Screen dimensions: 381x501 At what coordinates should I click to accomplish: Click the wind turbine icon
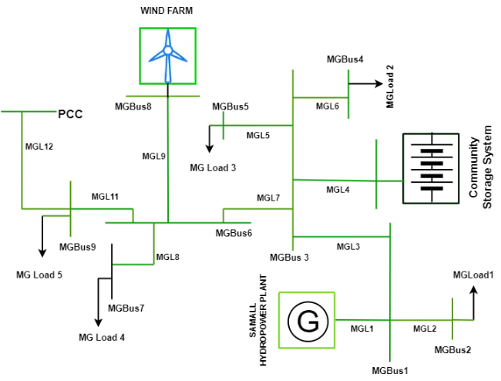click(167, 56)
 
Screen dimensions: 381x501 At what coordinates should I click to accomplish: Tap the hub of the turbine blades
click(167, 50)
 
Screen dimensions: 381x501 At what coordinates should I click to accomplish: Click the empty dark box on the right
click(432, 168)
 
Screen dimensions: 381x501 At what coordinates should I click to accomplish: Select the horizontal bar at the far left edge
click(29, 111)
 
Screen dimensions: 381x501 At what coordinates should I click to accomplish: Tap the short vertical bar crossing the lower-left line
click(71, 209)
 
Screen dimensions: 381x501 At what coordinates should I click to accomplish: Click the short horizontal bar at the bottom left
click(135, 265)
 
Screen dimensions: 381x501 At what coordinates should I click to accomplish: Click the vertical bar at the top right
click(348, 95)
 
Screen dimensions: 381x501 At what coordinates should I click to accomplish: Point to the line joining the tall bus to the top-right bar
click(321, 96)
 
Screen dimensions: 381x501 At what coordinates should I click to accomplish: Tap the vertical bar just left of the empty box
click(376, 173)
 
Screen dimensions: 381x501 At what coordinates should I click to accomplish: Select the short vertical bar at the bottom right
click(452, 320)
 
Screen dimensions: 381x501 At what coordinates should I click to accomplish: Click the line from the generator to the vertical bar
click(363, 319)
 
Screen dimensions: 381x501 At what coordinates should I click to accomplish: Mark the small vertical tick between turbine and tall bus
click(225, 126)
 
